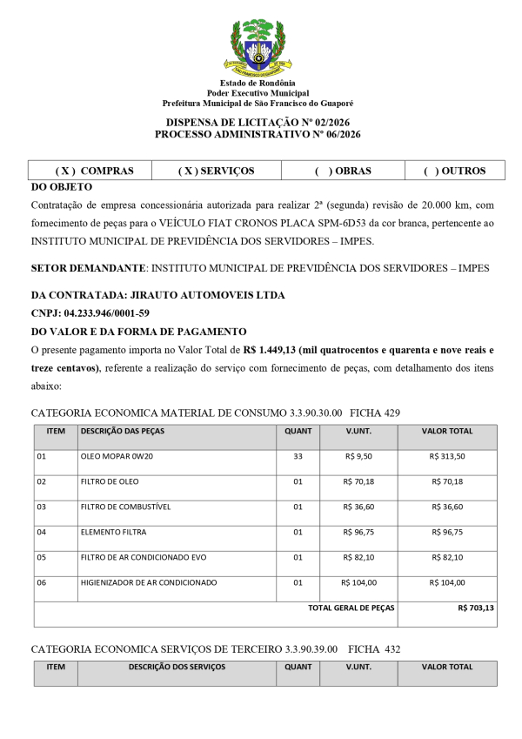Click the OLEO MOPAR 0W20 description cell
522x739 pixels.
pyautogui.click(x=116, y=456)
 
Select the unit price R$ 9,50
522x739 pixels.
pyautogui.click(x=358, y=456)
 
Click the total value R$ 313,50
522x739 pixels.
pyautogui.click(x=447, y=456)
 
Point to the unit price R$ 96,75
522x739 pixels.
pyautogui.click(x=358, y=532)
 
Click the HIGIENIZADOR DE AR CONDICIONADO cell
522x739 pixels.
pyautogui.click(x=149, y=582)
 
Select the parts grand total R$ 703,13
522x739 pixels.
pyautogui.click(x=475, y=608)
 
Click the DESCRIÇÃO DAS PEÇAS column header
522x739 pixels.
pyautogui.click(x=122, y=431)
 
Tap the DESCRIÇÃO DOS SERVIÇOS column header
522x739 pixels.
pyautogui.click(x=177, y=667)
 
